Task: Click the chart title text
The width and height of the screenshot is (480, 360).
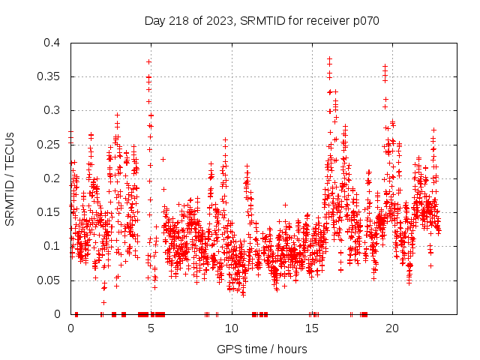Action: pyautogui.click(x=262, y=20)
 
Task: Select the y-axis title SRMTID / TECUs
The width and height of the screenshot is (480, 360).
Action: pyautogui.click(x=10, y=178)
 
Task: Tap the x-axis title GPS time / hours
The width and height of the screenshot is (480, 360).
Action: pyautogui.click(x=262, y=349)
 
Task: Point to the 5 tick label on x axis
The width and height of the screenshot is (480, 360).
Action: pyautogui.click(x=151, y=328)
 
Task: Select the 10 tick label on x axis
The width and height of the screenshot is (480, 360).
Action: pyautogui.click(x=232, y=328)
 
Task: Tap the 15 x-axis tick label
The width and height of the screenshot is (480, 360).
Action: pyautogui.click(x=312, y=328)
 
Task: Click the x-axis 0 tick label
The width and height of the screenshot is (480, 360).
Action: pyautogui.click(x=71, y=328)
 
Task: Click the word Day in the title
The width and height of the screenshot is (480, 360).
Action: pyautogui.click(x=154, y=20)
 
